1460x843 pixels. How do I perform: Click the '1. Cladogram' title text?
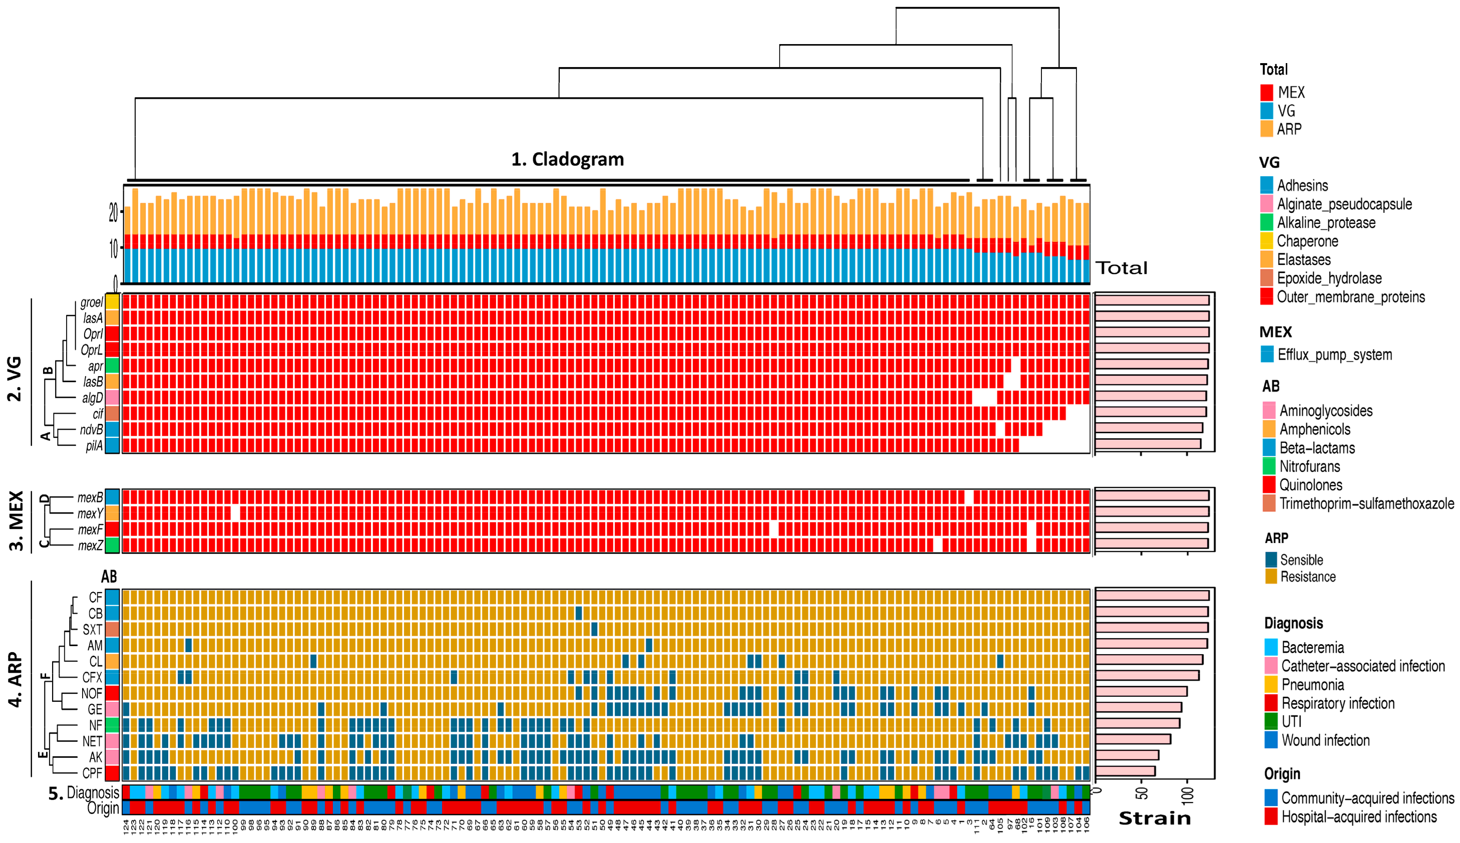[x=567, y=159]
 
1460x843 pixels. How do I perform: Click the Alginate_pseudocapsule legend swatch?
[x=1266, y=204]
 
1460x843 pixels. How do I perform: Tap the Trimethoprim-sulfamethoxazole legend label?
[x=1366, y=504]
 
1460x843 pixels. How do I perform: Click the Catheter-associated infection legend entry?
[x=1362, y=666]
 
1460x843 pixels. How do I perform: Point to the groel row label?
[x=92, y=302]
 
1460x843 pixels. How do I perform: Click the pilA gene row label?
[x=94, y=446]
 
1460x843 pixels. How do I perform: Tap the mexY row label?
[x=90, y=513]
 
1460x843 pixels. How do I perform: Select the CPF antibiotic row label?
[x=92, y=773]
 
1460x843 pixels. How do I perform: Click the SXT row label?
[x=92, y=629]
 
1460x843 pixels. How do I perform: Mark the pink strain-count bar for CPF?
[x=1125, y=771]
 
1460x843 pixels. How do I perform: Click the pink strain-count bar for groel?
[x=1152, y=301]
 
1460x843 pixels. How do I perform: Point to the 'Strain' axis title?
[x=1155, y=818]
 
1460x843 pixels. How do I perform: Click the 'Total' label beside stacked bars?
[x=1122, y=268]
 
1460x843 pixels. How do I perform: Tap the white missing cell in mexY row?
[x=235, y=513]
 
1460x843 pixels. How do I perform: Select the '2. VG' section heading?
[x=15, y=379]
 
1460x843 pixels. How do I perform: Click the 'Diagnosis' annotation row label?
[x=93, y=792]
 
